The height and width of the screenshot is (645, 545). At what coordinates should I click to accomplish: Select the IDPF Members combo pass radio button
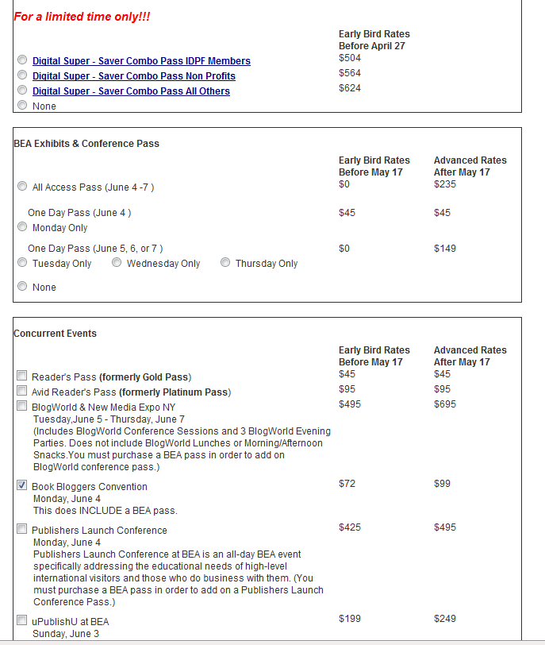click(22, 60)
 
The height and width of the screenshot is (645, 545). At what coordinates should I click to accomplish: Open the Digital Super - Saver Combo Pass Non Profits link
click(133, 76)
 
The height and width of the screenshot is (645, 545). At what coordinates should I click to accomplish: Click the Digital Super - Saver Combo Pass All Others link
click(131, 91)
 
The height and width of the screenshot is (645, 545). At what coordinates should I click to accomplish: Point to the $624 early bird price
click(350, 88)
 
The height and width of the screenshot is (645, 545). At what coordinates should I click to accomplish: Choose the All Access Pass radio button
click(22, 187)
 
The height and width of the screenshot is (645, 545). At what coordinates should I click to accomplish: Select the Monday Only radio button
click(22, 227)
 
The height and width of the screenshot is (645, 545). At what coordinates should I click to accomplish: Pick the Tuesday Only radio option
click(22, 263)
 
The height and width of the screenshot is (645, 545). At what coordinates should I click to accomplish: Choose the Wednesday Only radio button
click(117, 263)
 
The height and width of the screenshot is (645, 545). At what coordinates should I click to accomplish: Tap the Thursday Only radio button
click(225, 263)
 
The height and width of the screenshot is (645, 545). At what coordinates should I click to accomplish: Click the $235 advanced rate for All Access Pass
click(445, 184)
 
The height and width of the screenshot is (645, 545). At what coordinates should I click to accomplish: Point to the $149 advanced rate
click(445, 249)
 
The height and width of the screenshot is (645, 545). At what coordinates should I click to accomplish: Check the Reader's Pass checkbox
click(22, 377)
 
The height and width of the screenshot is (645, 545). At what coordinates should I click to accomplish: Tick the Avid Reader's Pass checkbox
click(22, 392)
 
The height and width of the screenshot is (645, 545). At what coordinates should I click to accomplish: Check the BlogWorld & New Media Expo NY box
click(22, 407)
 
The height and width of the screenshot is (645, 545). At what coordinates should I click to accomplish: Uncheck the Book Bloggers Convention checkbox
click(22, 486)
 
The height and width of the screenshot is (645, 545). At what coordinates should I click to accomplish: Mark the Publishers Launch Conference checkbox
click(22, 530)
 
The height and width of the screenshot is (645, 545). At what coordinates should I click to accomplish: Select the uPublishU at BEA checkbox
click(22, 620)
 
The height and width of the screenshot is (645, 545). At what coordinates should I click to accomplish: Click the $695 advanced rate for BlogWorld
click(445, 405)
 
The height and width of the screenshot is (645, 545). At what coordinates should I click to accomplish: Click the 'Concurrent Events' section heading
click(56, 334)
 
